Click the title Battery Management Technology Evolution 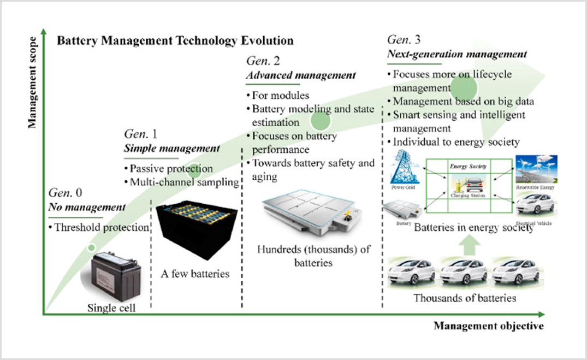click(x=175, y=41)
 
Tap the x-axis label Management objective click(x=488, y=326)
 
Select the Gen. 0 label click(x=66, y=193)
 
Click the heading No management click(x=86, y=208)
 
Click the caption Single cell click(x=111, y=308)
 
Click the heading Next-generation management click(x=456, y=54)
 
